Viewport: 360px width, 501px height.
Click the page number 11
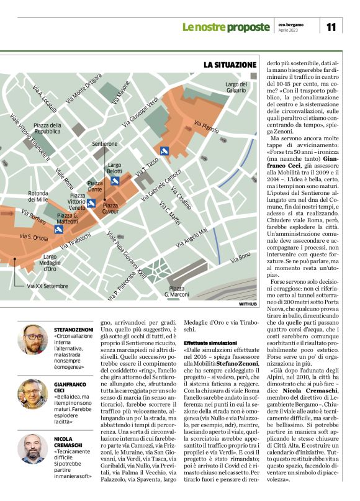(331, 26)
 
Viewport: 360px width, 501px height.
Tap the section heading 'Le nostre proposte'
(223, 27)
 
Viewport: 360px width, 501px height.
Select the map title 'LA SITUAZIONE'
(230, 65)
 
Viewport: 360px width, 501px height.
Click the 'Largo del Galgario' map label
(236, 87)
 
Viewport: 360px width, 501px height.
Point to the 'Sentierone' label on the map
(104, 143)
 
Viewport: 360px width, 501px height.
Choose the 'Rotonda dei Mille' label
(38, 196)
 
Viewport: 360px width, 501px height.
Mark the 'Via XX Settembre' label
(48, 286)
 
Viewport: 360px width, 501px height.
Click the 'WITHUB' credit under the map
(247, 304)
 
